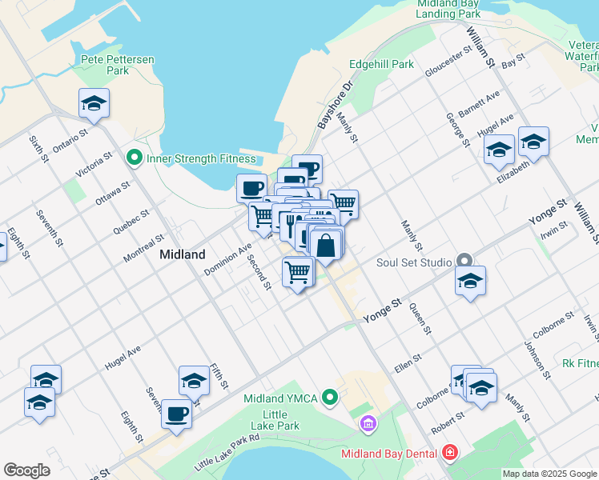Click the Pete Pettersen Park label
click(117, 65)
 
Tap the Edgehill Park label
click(381, 64)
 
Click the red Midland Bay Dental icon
click(450, 454)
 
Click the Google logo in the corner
click(26, 470)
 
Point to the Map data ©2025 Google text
click(549, 474)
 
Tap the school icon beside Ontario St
click(94, 104)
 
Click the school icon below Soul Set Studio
click(471, 282)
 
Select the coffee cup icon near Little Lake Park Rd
click(177, 414)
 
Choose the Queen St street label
click(420, 318)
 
